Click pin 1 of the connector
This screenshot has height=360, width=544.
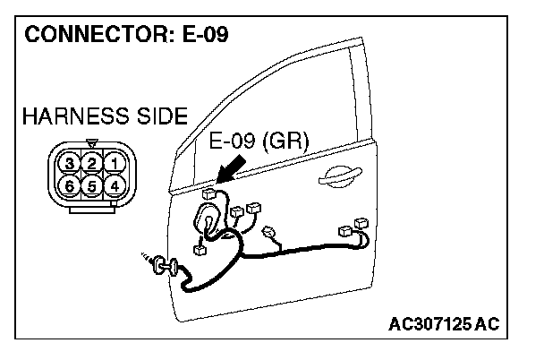pos(114,162)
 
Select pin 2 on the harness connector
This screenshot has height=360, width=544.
pos(91,162)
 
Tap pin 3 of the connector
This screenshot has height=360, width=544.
pos(69,162)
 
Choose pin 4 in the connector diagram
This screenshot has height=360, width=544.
pos(114,185)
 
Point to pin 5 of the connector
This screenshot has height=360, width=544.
pos(91,185)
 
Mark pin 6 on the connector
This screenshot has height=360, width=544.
pos(69,185)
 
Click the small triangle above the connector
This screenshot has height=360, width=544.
pos(91,141)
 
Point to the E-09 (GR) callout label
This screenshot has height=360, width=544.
pos(258,141)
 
